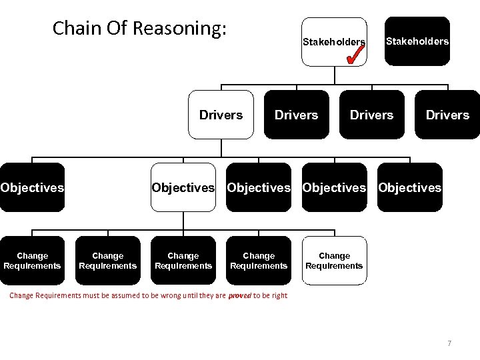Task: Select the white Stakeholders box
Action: click(333, 41)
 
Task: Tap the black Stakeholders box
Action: click(417, 41)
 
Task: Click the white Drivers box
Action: click(221, 115)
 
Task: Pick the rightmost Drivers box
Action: click(447, 115)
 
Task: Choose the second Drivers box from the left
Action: click(297, 115)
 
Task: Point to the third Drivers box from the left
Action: click(372, 115)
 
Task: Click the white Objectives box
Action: click(183, 187)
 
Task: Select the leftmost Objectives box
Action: click(32, 187)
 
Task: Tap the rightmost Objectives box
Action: click(409, 187)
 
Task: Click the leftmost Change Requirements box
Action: click(32, 261)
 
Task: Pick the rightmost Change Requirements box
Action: click(334, 261)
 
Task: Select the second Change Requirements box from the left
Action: click(107, 261)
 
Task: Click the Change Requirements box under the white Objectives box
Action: click(183, 261)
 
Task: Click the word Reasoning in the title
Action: click(179, 29)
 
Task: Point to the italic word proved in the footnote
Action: click(239, 295)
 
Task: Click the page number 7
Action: click(449, 343)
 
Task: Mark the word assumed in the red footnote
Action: click(113, 295)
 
